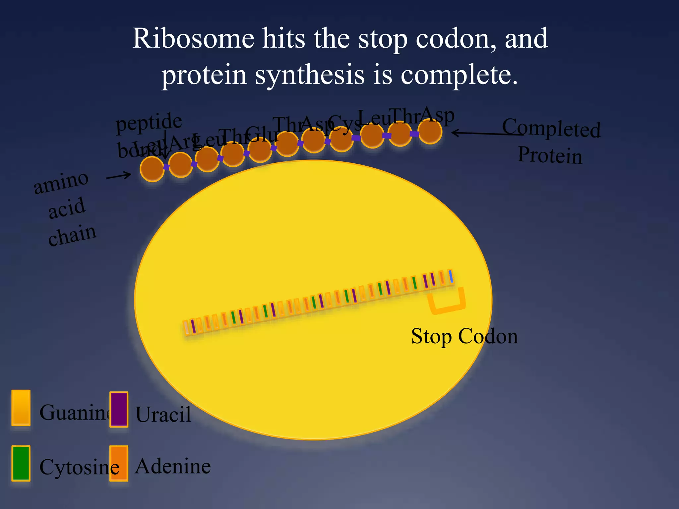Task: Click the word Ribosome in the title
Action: click(193, 39)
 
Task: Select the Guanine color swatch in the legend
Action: click(21, 408)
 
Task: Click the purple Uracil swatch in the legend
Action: click(119, 409)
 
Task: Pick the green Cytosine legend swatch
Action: click(21, 463)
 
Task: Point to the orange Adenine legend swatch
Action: click(119, 463)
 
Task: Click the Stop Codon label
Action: click(464, 336)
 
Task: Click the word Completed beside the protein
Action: click(551, 128)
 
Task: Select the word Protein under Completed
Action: click(550, 155)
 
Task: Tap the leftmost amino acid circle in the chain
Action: click(152, 169)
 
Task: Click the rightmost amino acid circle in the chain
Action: click(430, 132)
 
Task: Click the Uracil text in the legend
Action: click(163, 414)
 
